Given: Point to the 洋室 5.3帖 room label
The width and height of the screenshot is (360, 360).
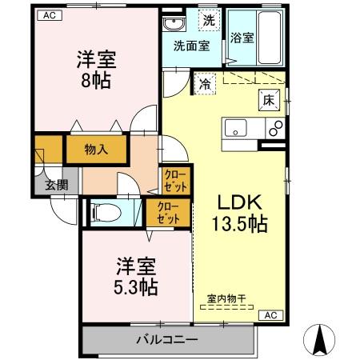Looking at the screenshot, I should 134,275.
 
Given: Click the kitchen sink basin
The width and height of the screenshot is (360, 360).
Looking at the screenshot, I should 237,127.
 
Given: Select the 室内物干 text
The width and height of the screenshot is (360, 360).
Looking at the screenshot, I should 226,299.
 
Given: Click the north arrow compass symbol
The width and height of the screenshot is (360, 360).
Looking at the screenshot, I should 322,339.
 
